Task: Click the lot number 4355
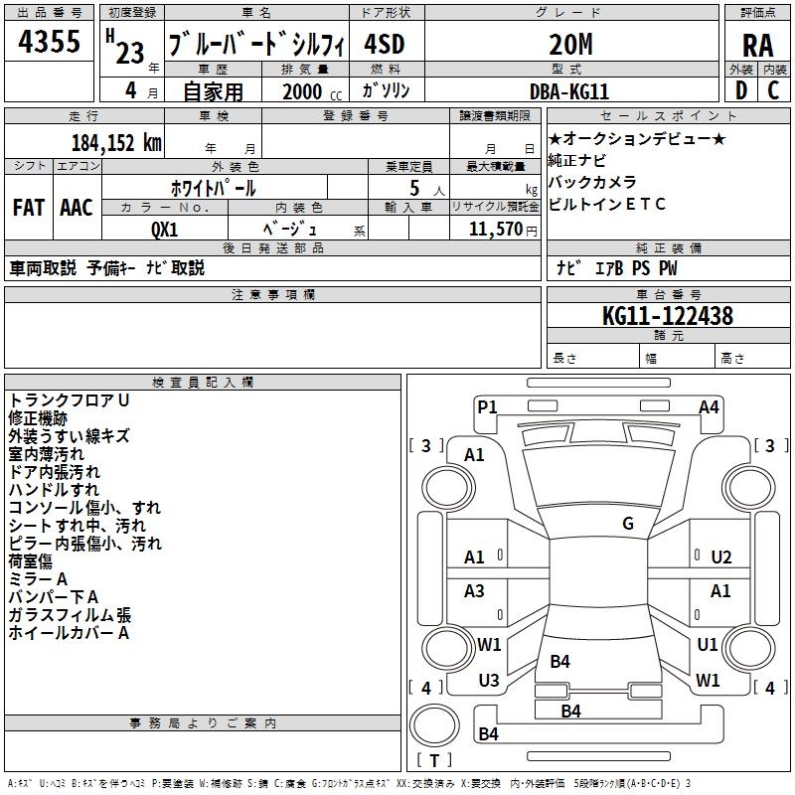coord(50,43)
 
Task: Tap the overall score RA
coord(757,46)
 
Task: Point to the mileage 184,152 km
coord(115,143)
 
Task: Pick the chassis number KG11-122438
coord(668,316)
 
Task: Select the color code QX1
coord(164,229)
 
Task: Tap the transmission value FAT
coord(29,208)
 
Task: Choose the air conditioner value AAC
coord(77,208)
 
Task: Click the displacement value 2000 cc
coord(307,91)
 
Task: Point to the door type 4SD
coord(387,44)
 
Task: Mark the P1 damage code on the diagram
coord(487,406)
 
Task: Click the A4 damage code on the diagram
coord(709,406)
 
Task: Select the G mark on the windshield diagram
coord(628,524)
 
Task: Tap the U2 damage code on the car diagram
coord(720,557)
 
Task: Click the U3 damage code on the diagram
coord(488,680)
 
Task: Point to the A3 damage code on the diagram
coord(475,591)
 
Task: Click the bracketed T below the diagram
coord(434,761)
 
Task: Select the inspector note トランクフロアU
coord(70,399)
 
